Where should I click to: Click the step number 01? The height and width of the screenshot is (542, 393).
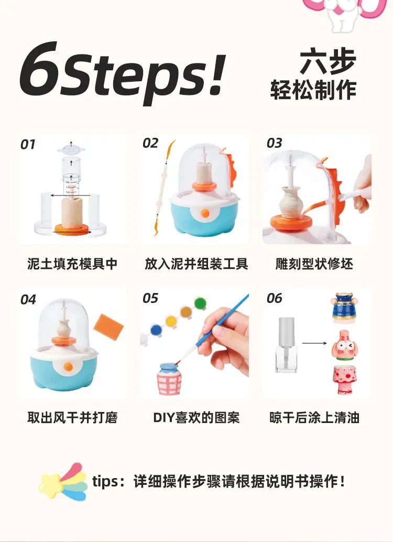28,144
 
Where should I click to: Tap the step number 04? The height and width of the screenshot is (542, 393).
28,299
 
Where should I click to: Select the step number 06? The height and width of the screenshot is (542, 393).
274,298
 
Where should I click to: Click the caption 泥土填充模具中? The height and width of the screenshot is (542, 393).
72,264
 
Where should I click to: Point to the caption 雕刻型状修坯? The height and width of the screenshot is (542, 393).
314,264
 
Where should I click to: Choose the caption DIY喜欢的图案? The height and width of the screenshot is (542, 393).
196,418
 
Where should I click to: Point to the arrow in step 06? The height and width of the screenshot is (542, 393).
314,344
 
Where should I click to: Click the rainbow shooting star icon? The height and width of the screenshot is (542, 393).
62,481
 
